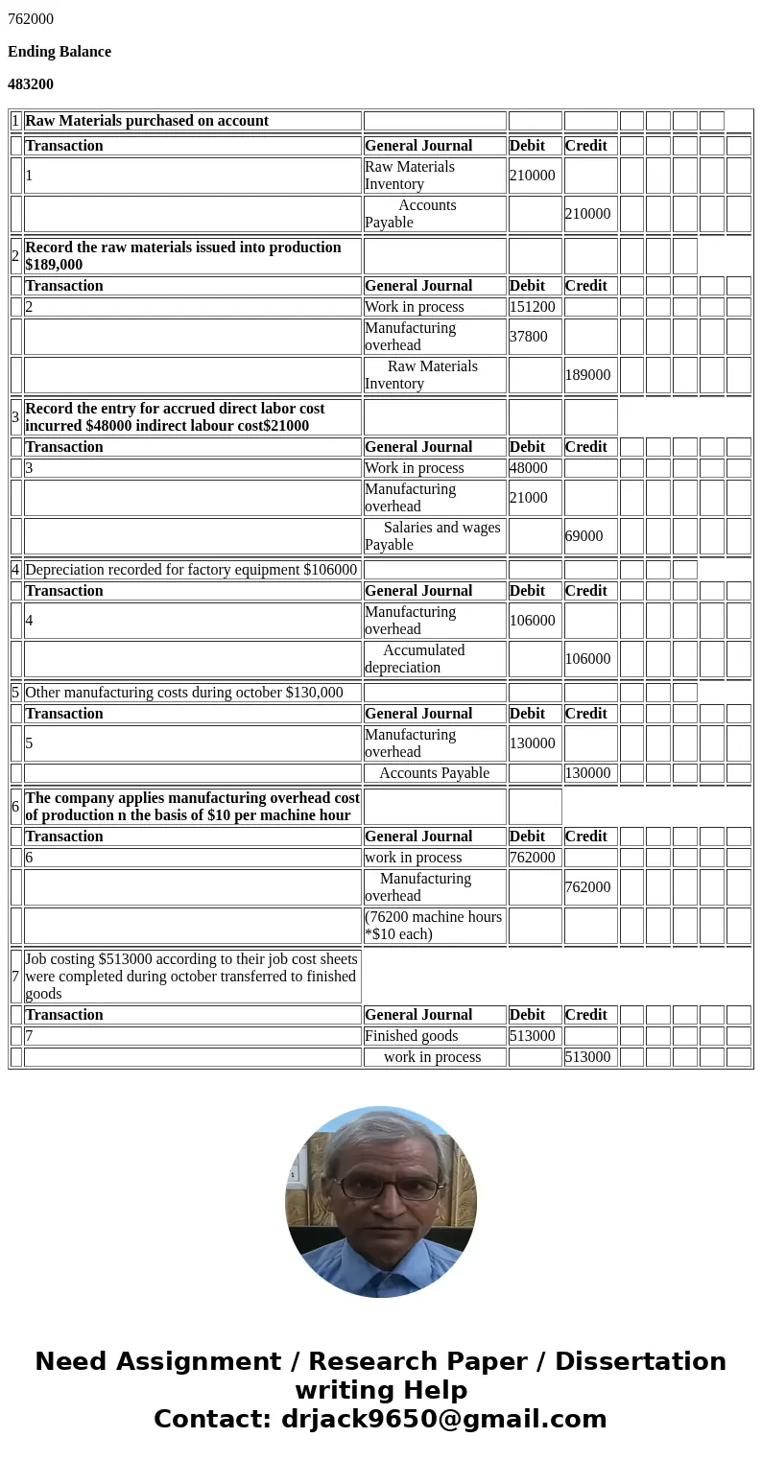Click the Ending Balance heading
[x=60, y=52]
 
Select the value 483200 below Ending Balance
[x=31, y=84]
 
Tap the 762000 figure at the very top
[x=31, y=19]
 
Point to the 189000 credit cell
[x=587, y=375]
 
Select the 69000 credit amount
[x=583, y=536]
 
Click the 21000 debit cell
[x=529, y=498]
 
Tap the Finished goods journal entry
[x=411, y=1036]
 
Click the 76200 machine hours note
[x=433, y=926]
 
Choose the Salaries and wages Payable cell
[x=433, y=536]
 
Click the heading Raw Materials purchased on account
[x=147, y=121]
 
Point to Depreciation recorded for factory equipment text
[x=191, y=570]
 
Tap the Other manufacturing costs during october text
[x=184, y=693]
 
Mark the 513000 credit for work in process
[x=587, y=1057]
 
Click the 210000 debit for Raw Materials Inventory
[x=533, y=176]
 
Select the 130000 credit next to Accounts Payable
[x=587, y=773]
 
